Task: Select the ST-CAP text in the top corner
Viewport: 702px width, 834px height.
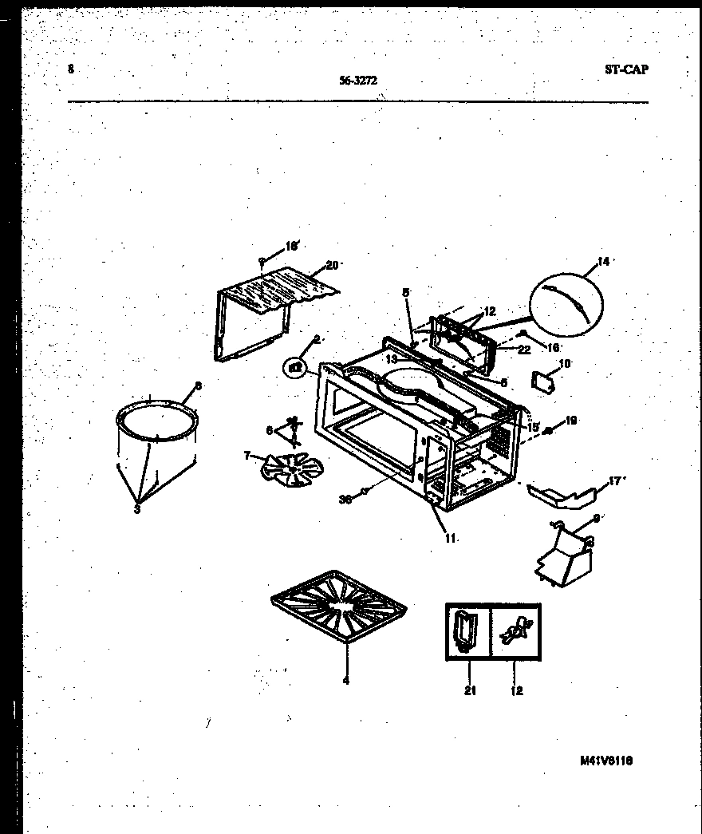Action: coord(625,69)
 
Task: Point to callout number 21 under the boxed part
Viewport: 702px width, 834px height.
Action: coord(470,691)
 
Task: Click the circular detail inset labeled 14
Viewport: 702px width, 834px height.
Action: coord(566,302)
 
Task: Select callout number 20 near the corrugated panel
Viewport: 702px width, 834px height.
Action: coord(333,266)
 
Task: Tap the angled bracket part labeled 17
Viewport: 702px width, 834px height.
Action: coord(562,495)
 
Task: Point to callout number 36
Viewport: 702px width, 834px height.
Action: coord(345,500)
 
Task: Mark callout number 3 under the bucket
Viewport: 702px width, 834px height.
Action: coord(137,510)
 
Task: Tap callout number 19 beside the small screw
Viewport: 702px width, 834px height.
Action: coord(570,421)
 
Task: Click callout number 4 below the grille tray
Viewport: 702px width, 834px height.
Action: coord(345,681)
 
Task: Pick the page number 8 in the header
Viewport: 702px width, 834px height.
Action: coord(71,69)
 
